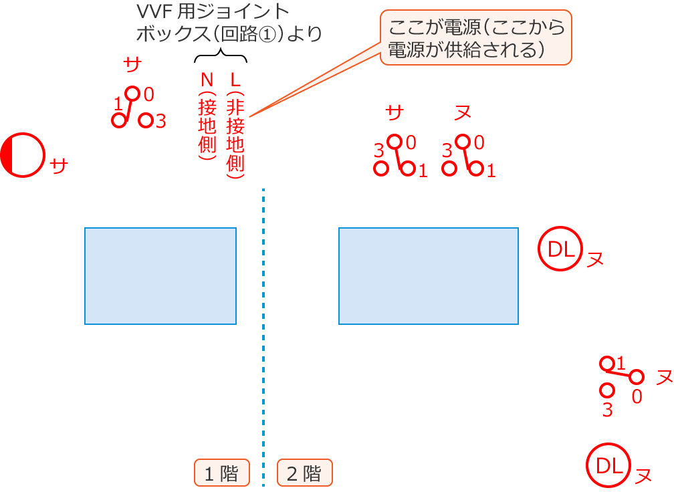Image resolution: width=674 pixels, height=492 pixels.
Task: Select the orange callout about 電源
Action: tap(476, 37)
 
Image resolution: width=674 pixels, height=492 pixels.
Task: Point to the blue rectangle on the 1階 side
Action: tap(160, 276)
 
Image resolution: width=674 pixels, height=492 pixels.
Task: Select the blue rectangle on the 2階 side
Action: tap(429, 276)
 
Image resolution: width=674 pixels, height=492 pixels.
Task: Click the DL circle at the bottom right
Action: tap(609, 465)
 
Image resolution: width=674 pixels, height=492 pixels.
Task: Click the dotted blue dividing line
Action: tap(264, 334)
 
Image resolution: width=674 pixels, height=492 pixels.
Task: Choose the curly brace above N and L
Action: tap(221, 56)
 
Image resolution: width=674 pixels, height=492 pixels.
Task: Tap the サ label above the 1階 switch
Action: tap(132, 65)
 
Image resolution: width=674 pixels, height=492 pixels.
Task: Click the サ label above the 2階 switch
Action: tap(395, 113)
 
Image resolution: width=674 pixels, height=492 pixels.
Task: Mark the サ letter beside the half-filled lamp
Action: tap(59, 165)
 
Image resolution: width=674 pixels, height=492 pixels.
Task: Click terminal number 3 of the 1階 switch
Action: tap(160, 121)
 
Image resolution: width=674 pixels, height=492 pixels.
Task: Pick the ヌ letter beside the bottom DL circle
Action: tap(643, 475)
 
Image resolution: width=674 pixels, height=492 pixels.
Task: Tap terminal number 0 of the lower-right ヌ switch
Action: tap(637, 396)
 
